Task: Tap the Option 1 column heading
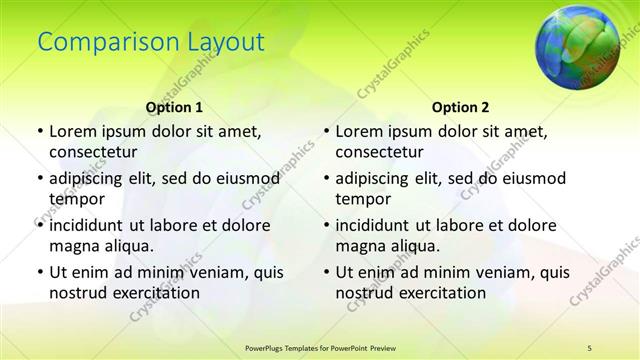tap(174, 106)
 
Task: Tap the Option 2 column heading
tap(460, 106)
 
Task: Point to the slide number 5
tap(590, 346)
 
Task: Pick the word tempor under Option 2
tap(360, 198)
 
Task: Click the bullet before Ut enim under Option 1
tap(39, 272)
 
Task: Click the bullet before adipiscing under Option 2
tap(325, 178)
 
